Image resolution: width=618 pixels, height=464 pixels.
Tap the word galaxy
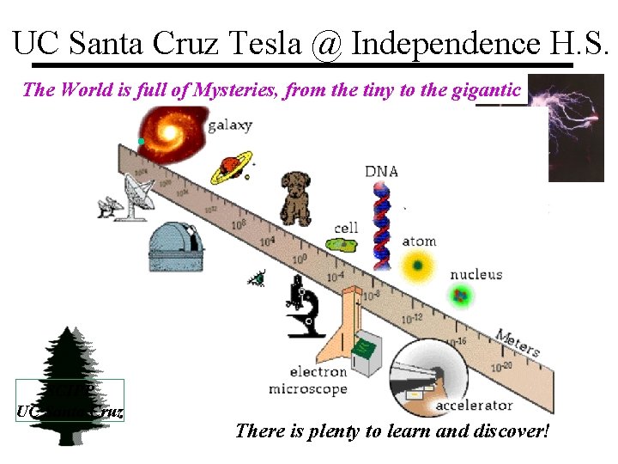(229, 125)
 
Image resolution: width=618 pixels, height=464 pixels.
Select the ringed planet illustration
(230, 165)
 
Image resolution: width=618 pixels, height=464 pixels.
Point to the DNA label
(381, 171)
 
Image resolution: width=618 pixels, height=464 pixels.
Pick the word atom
(419, 242)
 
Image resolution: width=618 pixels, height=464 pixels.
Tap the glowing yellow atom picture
(418, 266)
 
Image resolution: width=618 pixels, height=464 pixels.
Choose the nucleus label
(476, 275)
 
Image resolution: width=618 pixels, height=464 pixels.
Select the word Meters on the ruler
(518, 342)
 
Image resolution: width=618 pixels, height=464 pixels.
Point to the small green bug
(257, 278)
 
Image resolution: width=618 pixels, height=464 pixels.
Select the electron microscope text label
(307, 381)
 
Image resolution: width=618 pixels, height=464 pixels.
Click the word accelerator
(474, 405)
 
